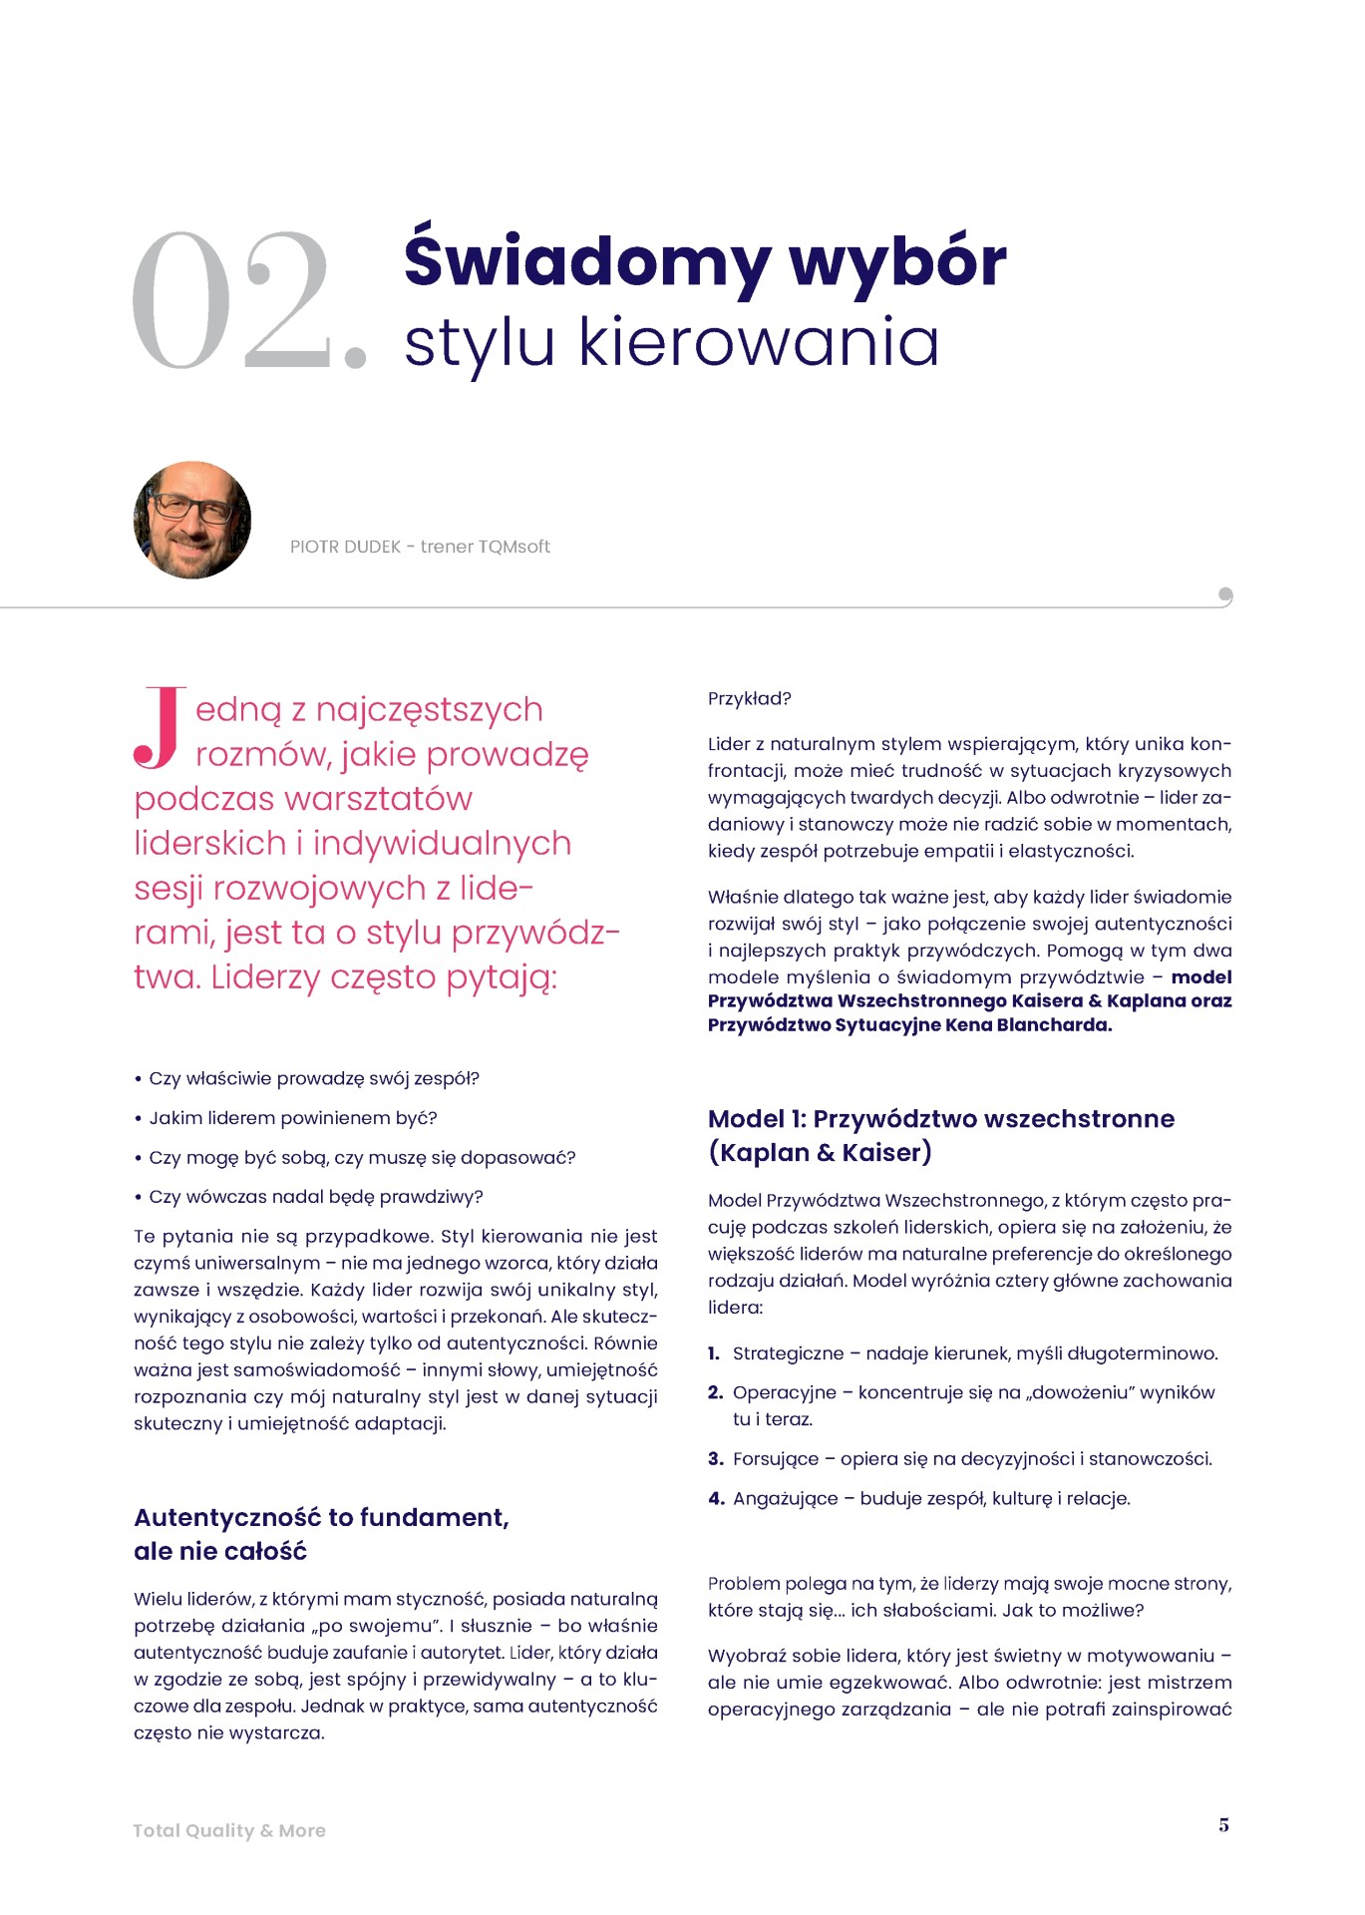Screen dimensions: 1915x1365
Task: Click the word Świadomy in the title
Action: coord(586,261)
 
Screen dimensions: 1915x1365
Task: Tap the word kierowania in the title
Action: coord(759,342)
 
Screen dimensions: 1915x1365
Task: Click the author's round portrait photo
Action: coord(192,520)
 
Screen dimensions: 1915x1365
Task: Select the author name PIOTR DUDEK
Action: coord(345,548)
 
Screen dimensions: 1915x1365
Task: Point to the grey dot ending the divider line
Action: coord(1225,595)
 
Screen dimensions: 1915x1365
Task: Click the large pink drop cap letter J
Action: coord(159,727)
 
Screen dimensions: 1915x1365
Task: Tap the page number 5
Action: coord(1223,1825)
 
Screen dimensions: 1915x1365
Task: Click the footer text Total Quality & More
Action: coord(229,1831)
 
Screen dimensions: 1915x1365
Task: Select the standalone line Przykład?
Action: coord(749,699)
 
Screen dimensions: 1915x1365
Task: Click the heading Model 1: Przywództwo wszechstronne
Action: coord(940,1119)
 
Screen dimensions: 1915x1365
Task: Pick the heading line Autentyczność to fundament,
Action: coord(321,1518)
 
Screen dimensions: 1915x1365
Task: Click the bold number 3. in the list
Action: coord(715,1459)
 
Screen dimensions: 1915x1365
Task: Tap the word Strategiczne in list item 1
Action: coord(788,1353)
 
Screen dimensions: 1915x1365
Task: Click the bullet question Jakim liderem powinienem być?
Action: coord(293,1118)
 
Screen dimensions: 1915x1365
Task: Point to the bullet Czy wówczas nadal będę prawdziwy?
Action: coord(315,1197)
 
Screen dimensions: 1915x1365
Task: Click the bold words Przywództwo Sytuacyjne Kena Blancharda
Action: coord(909,1025)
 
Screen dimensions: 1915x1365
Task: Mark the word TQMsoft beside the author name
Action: coord(513,548)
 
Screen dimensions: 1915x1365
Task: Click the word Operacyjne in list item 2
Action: coord(784,1392)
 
